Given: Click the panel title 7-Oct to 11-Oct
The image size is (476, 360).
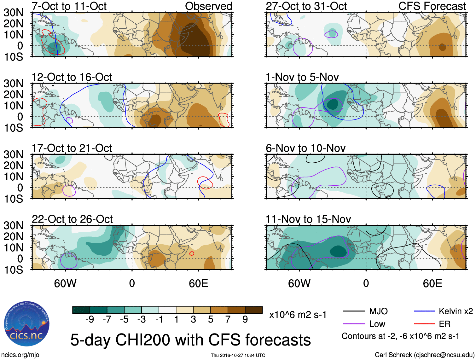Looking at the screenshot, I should pyautogui.click(x=69, y=6).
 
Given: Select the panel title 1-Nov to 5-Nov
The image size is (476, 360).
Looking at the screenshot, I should pyautogui.click(x=302, y=77).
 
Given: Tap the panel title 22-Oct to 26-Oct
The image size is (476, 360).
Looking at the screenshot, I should pyautogui.click(x=72, y=219).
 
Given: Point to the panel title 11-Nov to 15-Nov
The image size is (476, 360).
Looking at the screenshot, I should pyautogui.click(x=308, y=219).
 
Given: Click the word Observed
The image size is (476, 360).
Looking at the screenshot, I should pyautogui.click(x=208, y=6).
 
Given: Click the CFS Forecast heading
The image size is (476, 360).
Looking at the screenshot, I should pyautogui.click(x=432, y=6).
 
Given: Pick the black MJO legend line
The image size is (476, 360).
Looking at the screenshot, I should pyautogui.click(x=354, y=311).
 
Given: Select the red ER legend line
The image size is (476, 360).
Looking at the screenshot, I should pyautogui.click(x=424, y=324).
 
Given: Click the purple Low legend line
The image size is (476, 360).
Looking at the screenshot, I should pyautogui.click(x=354, y=324).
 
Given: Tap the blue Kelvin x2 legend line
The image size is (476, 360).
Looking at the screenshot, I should pyautogui.click(x=424, y=311).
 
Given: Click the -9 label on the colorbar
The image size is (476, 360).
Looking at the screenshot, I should pyautogui.click(x=90, y=320).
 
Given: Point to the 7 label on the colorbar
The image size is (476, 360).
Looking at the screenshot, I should pyautogui.click(x=228, y=320).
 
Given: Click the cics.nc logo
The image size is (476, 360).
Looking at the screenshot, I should pyautogui.click(x=26, y=324).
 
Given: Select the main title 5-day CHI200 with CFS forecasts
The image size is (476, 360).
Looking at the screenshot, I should pyautogui.click(x=190, y=340).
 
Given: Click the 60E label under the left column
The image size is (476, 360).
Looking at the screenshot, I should pyautogui.click(x=198, y=283).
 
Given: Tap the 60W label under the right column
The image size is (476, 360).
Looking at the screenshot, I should pyautogui.click(x=299, y=283).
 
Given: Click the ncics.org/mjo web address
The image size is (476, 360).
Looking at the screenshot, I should pyautogui.click(x=20, y=355).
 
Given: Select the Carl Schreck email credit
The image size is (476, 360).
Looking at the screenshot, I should pyautogui.click(x=424, y=355).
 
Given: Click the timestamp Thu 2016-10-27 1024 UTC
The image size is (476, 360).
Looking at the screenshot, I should pyautogui.click(x=238, y=355).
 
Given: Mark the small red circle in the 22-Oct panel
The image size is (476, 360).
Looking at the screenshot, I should pyautogui.click(x=192, y=253).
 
